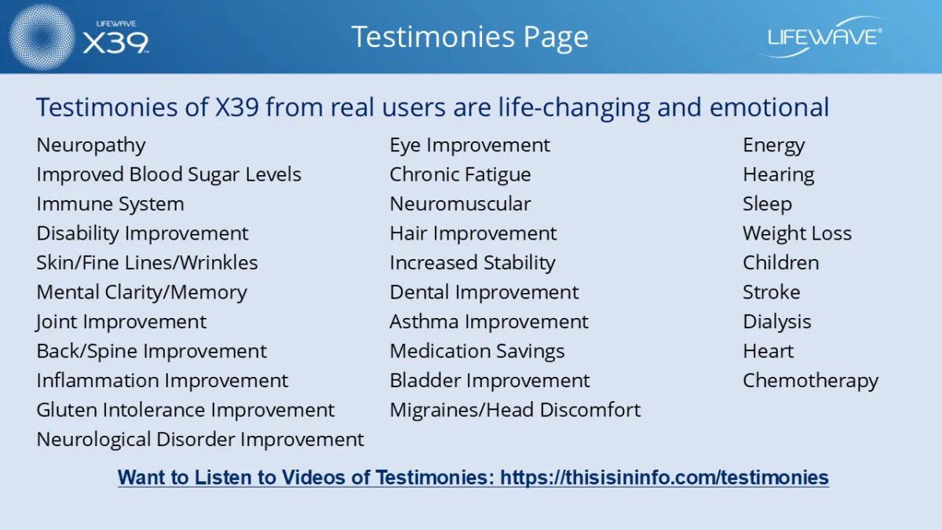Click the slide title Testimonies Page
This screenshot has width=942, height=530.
(469, 37)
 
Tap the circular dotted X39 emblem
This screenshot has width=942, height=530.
(42, 37)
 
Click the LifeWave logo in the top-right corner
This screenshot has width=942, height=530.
(823, 37)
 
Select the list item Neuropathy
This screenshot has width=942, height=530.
(91, 145)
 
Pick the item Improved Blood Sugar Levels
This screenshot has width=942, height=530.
(169, 174)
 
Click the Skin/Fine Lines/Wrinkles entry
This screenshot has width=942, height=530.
(147, 263)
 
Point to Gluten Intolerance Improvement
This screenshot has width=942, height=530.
(185, 410)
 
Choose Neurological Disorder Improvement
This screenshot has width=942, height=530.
(200, 440)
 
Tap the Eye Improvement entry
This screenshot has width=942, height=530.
(469, 145)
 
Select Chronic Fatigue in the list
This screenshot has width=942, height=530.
(460, 174)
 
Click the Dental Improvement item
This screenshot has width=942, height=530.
(484, 292)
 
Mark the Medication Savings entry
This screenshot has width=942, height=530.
(477, 351)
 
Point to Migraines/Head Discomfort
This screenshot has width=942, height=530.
(515, 410)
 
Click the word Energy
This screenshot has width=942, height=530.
(774, 145)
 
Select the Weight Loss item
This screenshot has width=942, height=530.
(797, 233)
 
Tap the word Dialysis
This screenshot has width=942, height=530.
(776, 322)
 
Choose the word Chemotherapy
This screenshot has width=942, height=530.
(810, 381)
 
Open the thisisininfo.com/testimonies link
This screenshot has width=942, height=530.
(664, 477)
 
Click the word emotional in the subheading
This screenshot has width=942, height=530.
(769, 107)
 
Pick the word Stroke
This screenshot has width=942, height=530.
(771, 292)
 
